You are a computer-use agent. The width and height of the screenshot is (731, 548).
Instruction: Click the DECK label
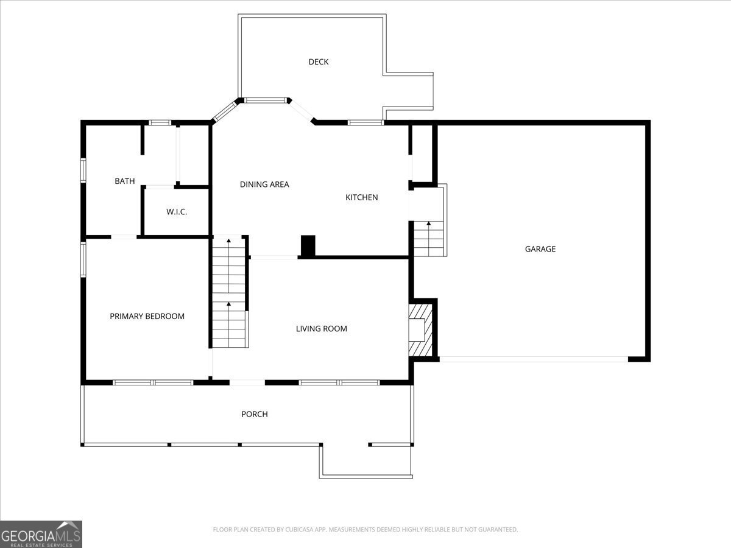319,61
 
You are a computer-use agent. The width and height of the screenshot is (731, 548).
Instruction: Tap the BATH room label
125,181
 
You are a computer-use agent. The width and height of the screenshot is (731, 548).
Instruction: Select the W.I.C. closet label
177,212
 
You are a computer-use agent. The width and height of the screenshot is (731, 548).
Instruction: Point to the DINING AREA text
264,184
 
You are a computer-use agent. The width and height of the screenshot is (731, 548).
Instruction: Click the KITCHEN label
362,197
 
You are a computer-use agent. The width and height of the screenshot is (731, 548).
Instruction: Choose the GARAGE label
540,248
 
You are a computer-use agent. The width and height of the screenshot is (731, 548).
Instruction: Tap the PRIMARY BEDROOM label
147,316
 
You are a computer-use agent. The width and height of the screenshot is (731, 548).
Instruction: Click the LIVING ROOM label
322,329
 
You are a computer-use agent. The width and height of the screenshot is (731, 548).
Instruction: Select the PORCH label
255,414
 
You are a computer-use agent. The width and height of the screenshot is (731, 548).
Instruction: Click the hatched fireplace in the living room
420,329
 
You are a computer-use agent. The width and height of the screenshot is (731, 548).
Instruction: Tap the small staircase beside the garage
429,239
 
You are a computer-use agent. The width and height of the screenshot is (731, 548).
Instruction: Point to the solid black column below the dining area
308,245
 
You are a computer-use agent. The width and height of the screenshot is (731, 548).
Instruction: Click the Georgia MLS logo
41,534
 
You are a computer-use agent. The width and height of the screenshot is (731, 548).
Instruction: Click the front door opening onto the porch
247,382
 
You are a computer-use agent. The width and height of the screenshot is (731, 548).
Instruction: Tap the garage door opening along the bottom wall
534,359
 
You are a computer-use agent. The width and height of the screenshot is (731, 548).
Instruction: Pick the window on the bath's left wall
83,170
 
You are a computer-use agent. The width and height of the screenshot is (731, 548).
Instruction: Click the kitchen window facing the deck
365,122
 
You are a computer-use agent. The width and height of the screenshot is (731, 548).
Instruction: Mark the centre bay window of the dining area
265,100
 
